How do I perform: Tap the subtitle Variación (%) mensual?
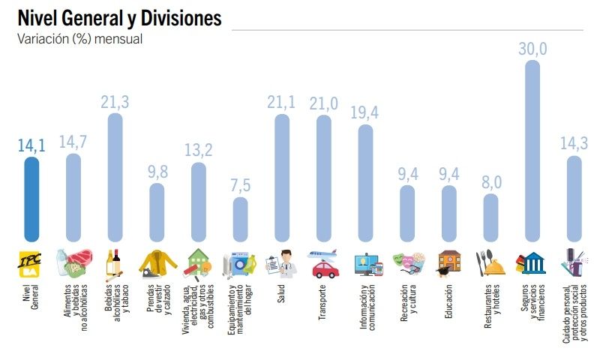(79, 38)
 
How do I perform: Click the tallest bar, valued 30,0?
(532, 150)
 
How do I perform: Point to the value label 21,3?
(115, 102)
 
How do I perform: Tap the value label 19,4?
(365, 112)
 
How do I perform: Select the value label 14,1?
(31, 145)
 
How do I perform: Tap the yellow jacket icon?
(156, 262)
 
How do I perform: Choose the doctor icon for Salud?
(282, 263)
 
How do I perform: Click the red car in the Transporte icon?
(325, 268)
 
